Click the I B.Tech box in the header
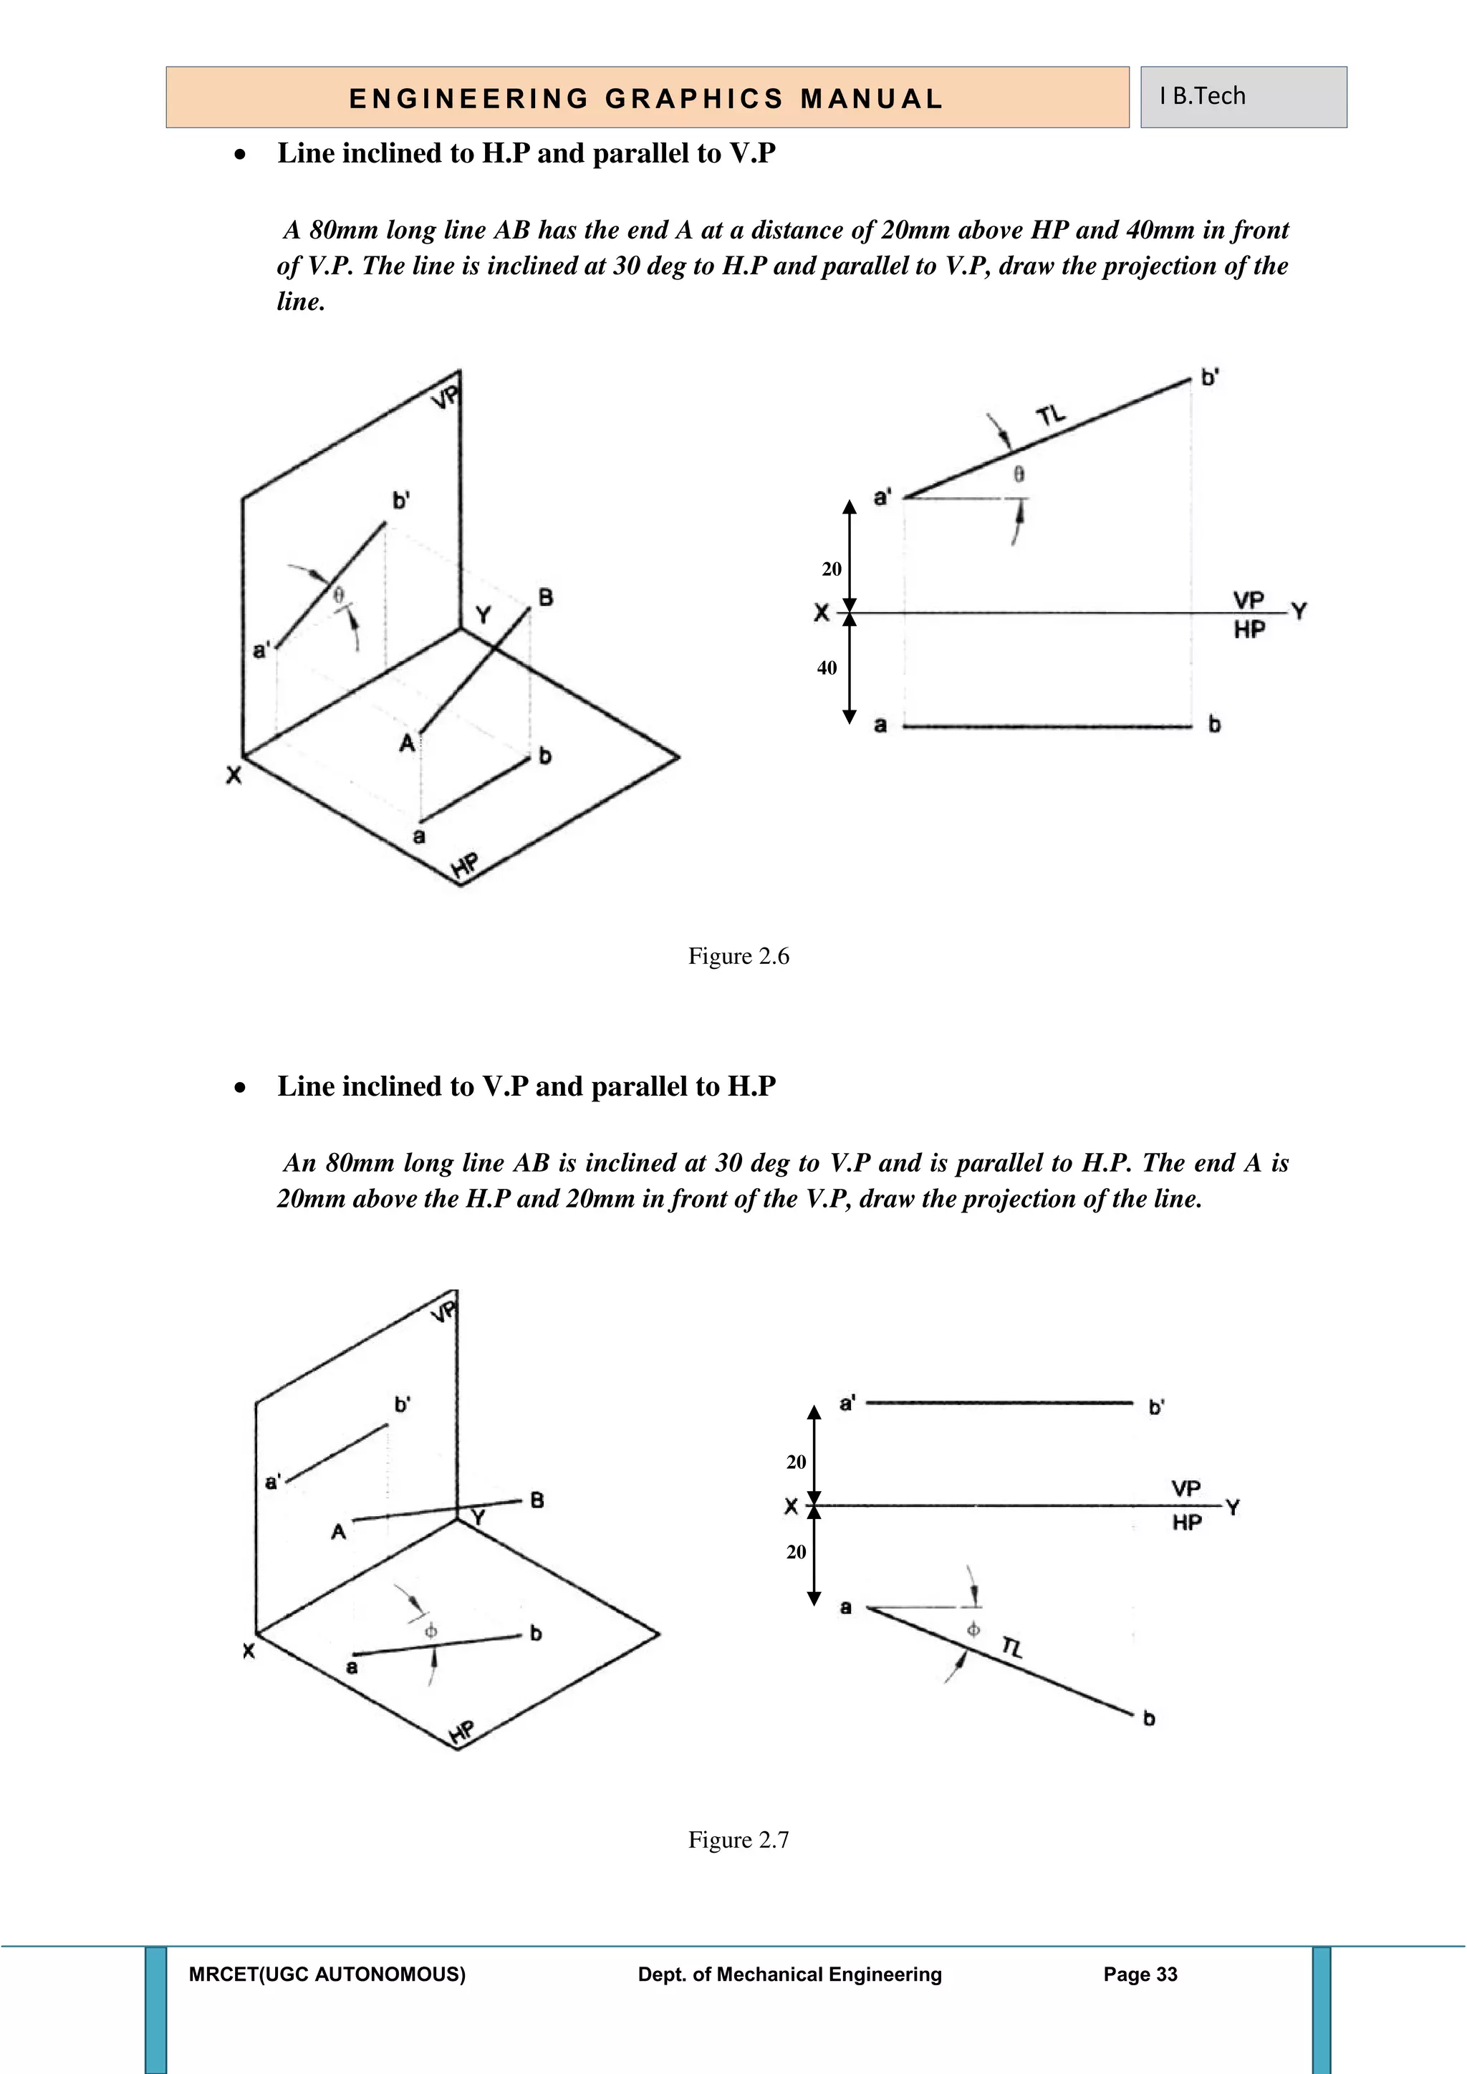[1243, 97]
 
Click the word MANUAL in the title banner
[872, 98]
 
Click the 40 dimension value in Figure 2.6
[827, 668]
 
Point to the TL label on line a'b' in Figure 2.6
[1051, 415]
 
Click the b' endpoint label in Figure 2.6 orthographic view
[1211, 377]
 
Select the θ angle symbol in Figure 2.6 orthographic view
[1019, 473]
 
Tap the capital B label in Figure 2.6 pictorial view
[546, 597]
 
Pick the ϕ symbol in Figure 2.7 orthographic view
[973, 1629]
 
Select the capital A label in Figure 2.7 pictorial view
[339, 1532]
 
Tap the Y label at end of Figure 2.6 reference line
[1299, 612]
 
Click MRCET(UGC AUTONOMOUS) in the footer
[327, 1974]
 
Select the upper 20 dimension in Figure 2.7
[796, 1462]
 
